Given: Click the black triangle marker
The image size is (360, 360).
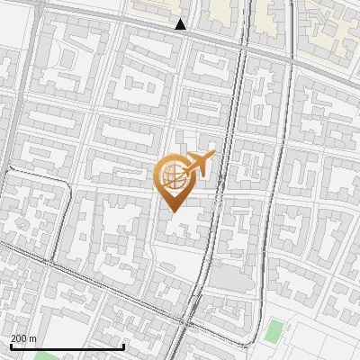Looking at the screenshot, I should tap(181, 24).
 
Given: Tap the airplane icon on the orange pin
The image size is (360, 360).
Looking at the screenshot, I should tap(200, 164).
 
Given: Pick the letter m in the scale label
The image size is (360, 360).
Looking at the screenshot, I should tap(34, 338).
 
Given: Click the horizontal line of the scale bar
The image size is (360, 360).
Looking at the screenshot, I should tap(67, 347).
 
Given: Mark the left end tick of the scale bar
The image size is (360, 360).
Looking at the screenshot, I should tap(11, 345).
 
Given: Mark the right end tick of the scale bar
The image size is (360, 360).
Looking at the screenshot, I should tap(124, 345).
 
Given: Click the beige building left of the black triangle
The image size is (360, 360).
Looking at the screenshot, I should tap(148, 10).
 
